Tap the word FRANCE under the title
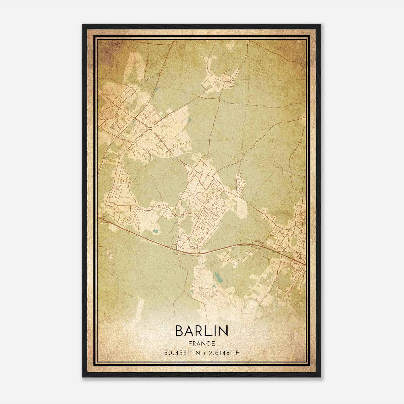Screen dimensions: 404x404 (x=201, y=343)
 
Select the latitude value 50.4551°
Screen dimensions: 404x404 (x=178, y=353)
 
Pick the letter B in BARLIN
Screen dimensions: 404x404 (x=179, y=331)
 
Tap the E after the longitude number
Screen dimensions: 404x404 (x=237, y=353)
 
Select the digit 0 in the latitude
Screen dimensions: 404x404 (x=170, y=353)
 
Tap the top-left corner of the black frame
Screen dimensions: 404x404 (x=82, y=24)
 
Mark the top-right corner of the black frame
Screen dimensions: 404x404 (x=321, y=24)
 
